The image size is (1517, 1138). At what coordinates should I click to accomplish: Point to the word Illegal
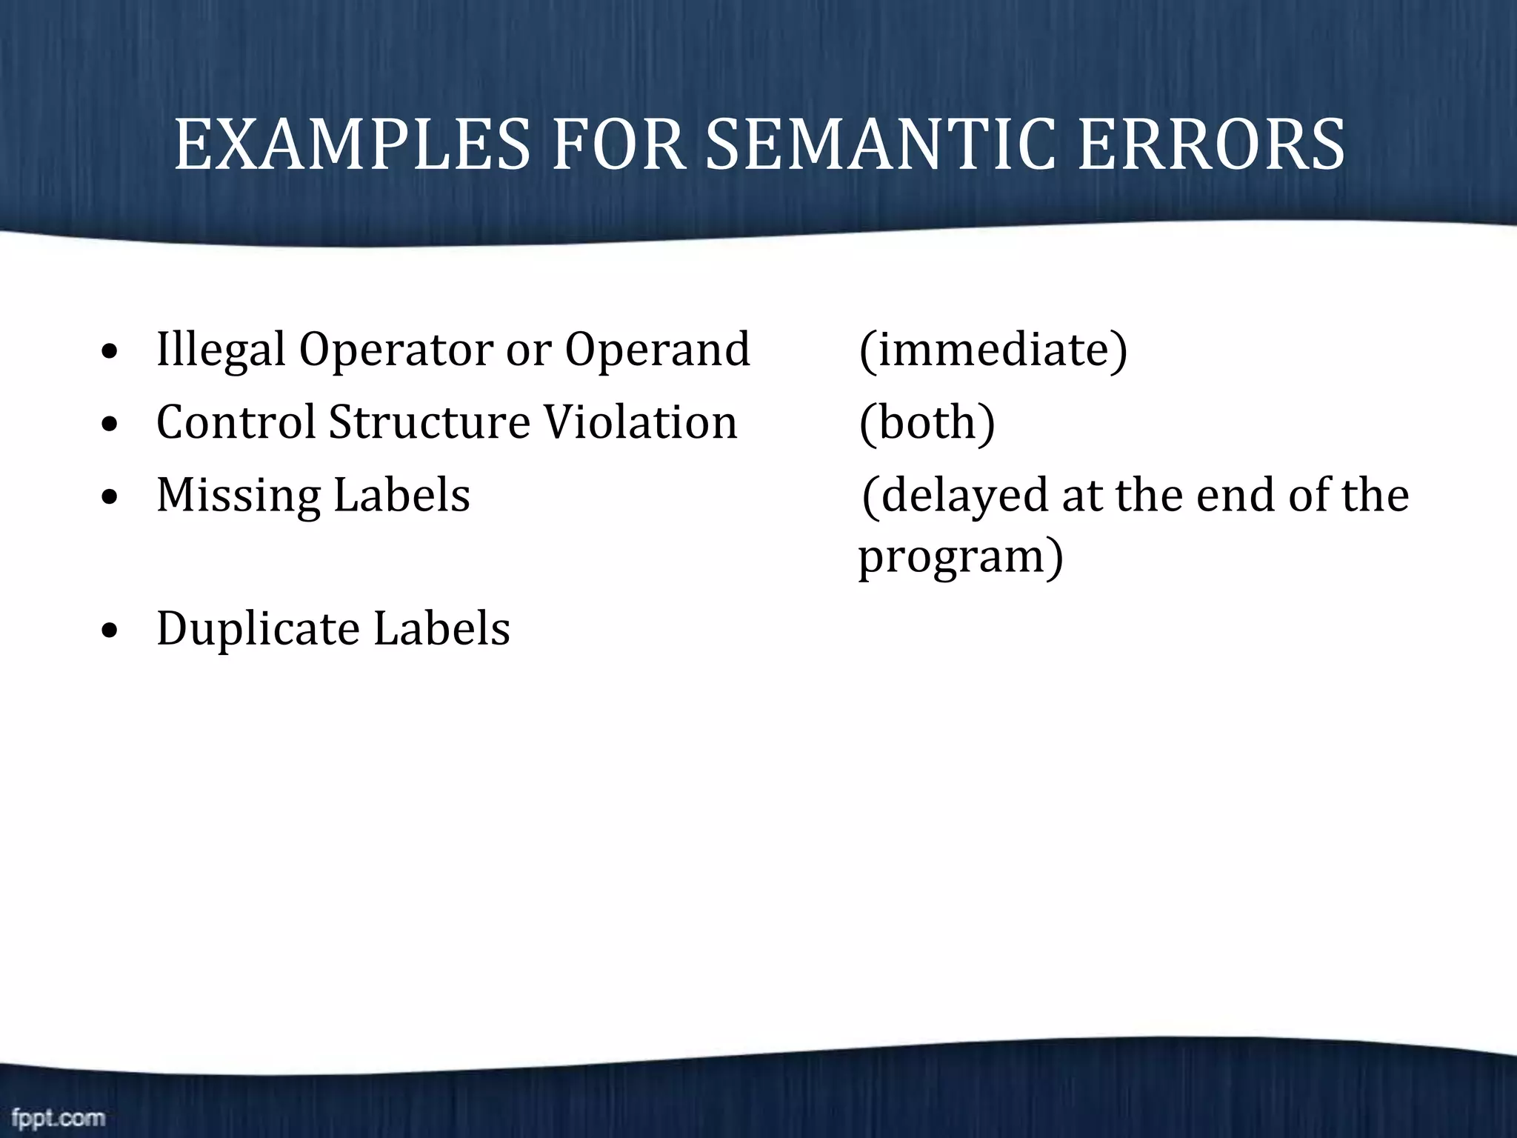221,350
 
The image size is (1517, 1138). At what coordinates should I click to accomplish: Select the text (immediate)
993,349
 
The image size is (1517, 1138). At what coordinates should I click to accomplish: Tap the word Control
236,422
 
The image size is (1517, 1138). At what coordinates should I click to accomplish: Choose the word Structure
430,422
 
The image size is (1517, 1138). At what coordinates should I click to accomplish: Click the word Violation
641,422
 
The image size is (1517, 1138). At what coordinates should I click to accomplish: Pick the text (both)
927,423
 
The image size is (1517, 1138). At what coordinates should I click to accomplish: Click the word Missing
239,496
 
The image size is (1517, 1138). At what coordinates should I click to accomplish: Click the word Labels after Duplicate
441,629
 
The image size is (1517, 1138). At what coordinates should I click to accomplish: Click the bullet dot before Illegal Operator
110,353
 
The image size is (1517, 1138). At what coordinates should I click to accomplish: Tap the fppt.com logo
59,1117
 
